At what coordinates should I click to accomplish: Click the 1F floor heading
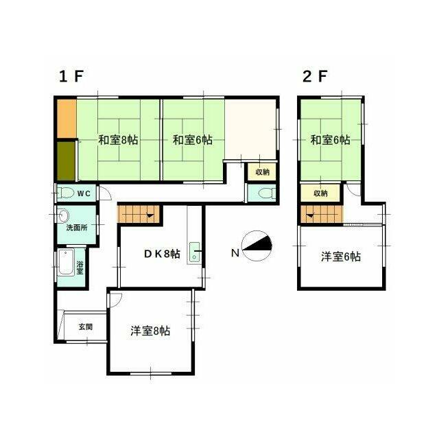pos(71,76)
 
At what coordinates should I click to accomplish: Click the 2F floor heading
pos(315,76)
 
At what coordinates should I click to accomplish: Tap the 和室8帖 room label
pos(118,140)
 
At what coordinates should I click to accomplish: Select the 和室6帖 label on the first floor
pos(193,140)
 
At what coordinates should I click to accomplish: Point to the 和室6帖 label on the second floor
pos(330,140)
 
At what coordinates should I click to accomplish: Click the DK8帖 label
pos(162,254)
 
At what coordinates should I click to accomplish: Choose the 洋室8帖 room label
pos(150,331)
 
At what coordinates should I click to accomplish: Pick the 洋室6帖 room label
pos(341,257)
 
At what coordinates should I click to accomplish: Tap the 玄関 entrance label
pos(85,327)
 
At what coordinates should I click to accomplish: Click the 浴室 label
pos(80,268)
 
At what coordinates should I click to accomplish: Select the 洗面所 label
pos(77,227)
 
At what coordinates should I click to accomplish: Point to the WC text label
pos(84,193)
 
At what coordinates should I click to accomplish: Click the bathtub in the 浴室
pos(66,263)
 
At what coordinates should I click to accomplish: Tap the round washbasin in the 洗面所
pos(64,216)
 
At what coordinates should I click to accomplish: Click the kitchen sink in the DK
pos(195,252)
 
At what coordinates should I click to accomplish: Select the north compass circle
pos(257,246)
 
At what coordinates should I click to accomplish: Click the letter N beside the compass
pos(235,253)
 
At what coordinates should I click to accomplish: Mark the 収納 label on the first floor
pos(262,172)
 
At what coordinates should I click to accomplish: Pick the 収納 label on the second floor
pos(320,193)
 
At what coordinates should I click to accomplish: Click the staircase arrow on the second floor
pos(310,215)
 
